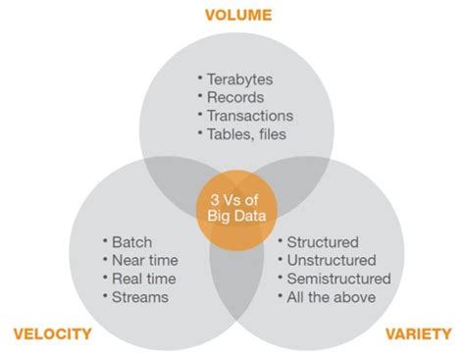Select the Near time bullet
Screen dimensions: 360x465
pos(139,259)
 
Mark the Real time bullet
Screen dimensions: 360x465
pos(138,278)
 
